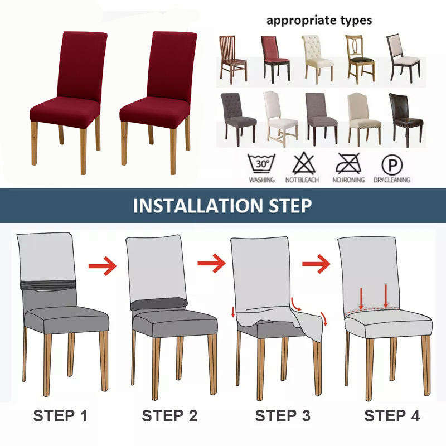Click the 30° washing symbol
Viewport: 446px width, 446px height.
pyautogui.click(x=261, y=163)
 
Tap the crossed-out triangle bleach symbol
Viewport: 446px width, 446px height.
pyautogui.click(x=303, y=163)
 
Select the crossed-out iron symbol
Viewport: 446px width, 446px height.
pyautogui.click(x=348, y=163)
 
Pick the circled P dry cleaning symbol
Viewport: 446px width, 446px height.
pyautogui.click(x=392, y=164)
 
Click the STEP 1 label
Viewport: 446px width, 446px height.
pyautogui.click(x=60, y=416)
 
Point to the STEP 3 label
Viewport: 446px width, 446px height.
pyautogui.click(x=283, y=416)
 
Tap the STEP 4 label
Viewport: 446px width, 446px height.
pyautogui.click(x=392, y=416)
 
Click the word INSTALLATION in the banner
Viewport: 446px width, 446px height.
pyautogui.click(x=198, y=206)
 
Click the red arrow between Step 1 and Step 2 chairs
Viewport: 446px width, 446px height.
pyautogui.click(x=103, y=266)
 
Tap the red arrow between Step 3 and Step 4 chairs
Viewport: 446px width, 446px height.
pyautogui.click(x=316, y=264)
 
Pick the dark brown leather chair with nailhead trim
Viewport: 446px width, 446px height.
pyautogui.click(x=406, y=119)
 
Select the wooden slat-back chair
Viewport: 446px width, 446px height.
pyautogui.click(x=233, y=59)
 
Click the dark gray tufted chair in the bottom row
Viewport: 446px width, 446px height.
pyautogui.click(x=238, y=119)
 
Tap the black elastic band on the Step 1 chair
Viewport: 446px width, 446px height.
pyautogui.click(x=49, y=285)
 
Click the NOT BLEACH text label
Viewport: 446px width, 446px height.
pyautogui.click(x=302, y=180)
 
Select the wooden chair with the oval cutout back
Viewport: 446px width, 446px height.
pyautogui.click(x=360, y=59)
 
